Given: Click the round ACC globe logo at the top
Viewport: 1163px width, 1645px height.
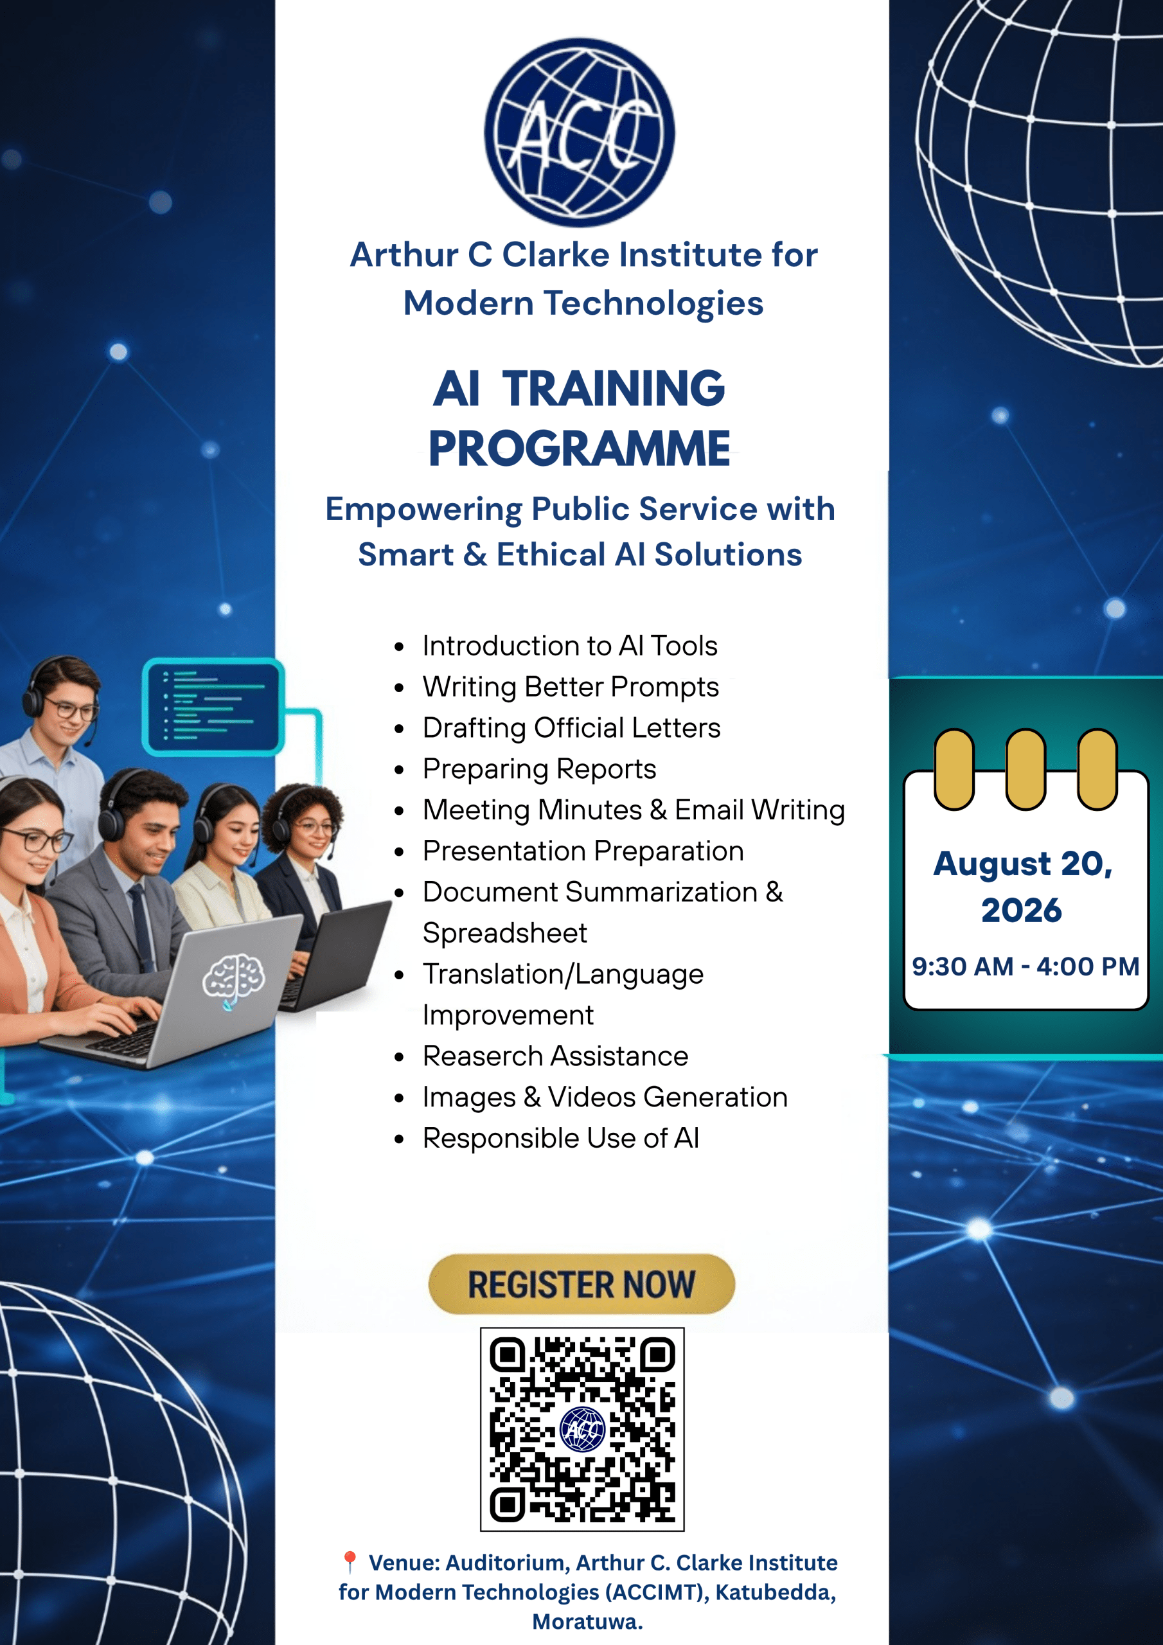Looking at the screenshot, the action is tap(579, 132).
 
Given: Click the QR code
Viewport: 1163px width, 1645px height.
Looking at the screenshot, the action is tap(582, 1429).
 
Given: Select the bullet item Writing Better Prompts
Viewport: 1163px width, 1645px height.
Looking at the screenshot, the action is tap(571, 687).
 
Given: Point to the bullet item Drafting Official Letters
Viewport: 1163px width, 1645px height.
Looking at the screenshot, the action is tap(571, 728).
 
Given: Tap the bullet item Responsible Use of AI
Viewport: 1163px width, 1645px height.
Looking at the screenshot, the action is tap(560, 1138).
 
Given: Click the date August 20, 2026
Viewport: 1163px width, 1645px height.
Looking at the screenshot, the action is tap(1022, 887).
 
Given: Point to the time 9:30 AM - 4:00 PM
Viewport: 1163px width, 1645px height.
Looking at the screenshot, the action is tap(1025, 966).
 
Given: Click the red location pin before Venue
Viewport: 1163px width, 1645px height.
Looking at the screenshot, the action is tap(350, 1562).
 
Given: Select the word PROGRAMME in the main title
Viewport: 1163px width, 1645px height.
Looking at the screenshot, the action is tap(579, 449).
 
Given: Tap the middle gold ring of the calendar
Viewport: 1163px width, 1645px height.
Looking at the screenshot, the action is tap(1025, 769).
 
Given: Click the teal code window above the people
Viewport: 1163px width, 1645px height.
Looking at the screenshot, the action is tap(213, 707).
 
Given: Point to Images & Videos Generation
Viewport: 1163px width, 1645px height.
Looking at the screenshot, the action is tap(605, 1097).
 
